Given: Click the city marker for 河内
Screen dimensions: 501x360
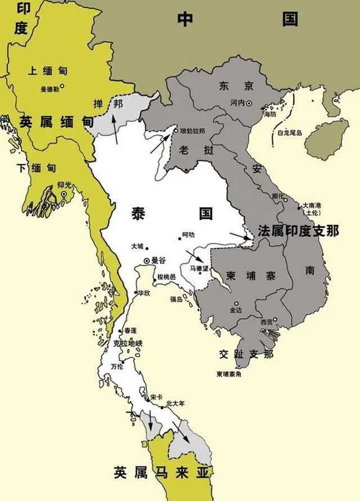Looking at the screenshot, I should [249, 103].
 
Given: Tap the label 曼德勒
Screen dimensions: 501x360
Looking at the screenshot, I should [49, 89].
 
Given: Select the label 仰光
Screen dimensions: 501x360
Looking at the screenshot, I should [49, 185].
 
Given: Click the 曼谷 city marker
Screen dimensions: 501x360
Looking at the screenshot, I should [147, 260].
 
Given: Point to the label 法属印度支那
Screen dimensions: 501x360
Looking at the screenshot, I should [298, 231].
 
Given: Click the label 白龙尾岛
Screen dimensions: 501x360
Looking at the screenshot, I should [290, 133].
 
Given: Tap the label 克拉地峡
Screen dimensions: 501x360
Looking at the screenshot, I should [128, 342].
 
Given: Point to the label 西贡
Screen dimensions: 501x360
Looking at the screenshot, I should [267, 322].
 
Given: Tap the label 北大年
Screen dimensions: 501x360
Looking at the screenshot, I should [175, 403].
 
